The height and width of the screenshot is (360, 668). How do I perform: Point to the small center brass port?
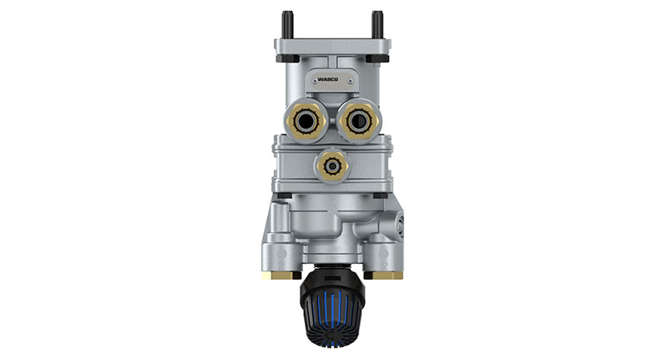(332, 165)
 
